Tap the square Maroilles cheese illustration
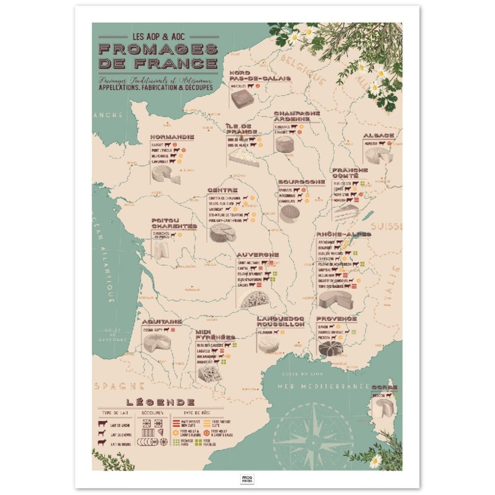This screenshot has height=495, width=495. point(242,99)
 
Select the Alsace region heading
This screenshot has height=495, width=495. point(379,135)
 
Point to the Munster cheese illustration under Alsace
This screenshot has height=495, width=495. point(379,155)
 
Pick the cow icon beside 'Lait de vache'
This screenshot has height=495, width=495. point(102,424)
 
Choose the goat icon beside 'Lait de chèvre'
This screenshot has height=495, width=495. point(102,434)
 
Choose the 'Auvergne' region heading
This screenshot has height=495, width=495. point(257,254)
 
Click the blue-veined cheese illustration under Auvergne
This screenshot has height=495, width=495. point(254,299)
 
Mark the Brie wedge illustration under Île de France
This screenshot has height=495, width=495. point(244,157)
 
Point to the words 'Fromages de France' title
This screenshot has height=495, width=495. point(158,56)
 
